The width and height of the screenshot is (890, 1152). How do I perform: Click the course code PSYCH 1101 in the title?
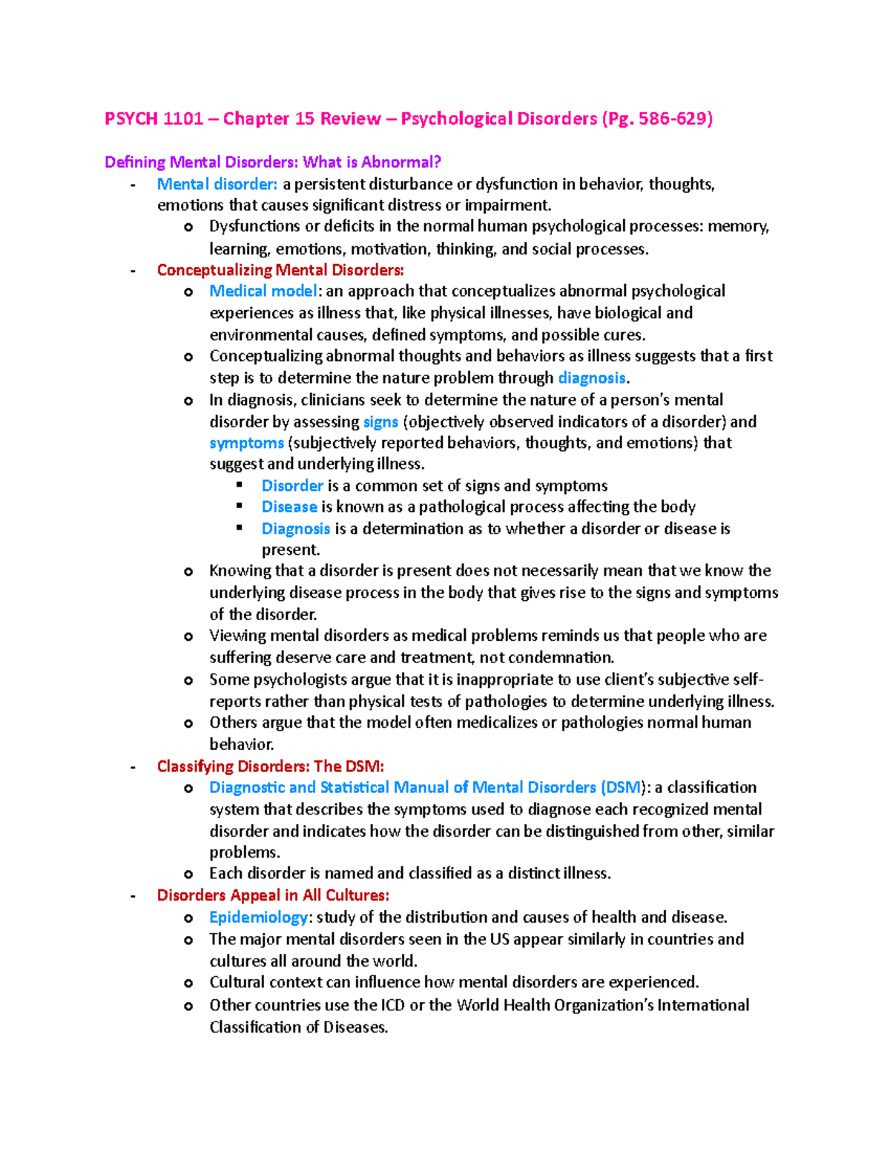tap(154, 119)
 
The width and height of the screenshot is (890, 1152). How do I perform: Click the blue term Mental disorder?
tap(217, 184)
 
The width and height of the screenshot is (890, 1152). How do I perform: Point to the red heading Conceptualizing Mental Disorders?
tap(280, 270)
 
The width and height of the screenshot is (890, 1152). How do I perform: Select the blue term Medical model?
tap(263, 291)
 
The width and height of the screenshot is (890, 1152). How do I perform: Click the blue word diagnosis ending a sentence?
tap(592, 378)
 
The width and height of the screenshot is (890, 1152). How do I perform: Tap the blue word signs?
tap(380, 422)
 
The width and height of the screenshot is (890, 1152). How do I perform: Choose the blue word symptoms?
tap(246, 444)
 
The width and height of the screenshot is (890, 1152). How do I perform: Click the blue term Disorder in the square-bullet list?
tap(292, 486)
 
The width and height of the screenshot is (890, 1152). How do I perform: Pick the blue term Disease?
tap(289, 507)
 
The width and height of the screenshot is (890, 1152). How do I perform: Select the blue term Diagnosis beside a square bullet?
tap(296, 529)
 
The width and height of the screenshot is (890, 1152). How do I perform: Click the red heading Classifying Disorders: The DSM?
tap(271, 766)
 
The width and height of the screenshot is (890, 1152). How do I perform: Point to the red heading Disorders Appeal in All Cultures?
tap(273, 895)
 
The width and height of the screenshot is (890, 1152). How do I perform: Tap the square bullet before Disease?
tap(240, 507)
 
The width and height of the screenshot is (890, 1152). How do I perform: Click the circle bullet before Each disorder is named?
tap(188, 875)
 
